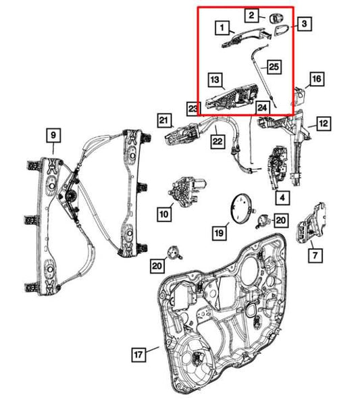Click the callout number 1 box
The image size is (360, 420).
point(220,28)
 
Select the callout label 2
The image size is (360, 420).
point(251,14)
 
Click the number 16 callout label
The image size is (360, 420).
point(316,80)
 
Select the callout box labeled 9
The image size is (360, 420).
point(52,135)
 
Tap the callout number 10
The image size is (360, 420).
point(163,214)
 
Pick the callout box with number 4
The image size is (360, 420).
point(281,198)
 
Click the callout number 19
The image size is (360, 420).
point(218,233)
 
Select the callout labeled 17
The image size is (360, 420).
point(137,353)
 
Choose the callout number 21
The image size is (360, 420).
point(163,120)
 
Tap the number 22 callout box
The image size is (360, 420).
point(217,141)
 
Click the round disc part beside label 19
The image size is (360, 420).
point(242,206)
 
